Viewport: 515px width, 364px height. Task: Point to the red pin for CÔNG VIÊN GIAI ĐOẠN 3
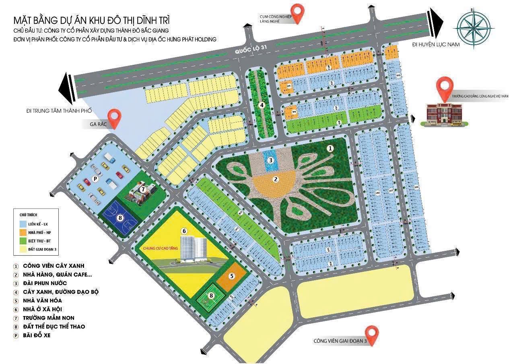[373, 335]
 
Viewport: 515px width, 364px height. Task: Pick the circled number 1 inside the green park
[330, 149]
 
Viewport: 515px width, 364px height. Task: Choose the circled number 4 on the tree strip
[262, 105]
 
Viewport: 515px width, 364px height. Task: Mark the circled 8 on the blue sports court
[120, 218]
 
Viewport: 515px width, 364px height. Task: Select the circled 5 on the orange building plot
[232, 276]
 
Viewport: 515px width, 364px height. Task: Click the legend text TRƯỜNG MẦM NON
[49, 318]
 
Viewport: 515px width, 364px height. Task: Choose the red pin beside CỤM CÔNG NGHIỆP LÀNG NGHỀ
[297, 13]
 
